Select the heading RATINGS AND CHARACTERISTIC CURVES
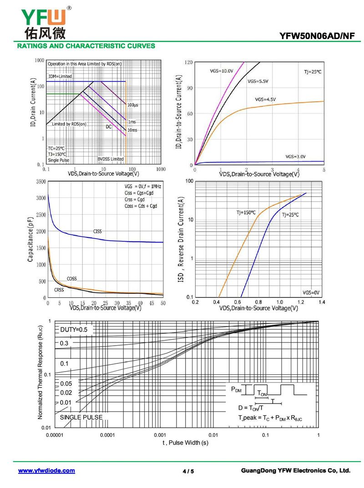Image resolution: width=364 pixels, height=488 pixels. pos(86,46)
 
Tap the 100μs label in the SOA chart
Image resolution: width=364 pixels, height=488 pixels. pos(133,105)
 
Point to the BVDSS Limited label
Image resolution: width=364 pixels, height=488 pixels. pos(110,159)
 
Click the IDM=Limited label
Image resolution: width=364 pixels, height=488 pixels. pos(60,76)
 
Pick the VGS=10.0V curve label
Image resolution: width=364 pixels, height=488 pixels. pos(221,71)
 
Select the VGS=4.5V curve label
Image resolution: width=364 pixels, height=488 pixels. pos(265,99)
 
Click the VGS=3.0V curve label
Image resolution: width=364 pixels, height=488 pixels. pos(296,156)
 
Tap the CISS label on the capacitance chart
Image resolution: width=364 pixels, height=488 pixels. pos(97,231)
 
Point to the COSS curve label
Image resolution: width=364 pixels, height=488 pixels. pos(71,278)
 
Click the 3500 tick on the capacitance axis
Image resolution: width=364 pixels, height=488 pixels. pos(40,181)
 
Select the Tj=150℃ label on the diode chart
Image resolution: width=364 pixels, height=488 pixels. pos(246,212)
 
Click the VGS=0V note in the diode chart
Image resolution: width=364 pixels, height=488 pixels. pos(311,292)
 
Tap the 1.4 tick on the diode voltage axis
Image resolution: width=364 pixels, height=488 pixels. pos(322,302)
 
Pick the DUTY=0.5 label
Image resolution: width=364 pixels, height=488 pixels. pos(74,330)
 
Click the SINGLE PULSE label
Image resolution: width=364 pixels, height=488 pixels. pos(81,417)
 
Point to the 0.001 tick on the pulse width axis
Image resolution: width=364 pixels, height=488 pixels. pos(160,435)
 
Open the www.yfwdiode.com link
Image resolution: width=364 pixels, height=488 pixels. pos(46,471)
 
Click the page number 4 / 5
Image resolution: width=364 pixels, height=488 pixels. pos(188,471)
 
